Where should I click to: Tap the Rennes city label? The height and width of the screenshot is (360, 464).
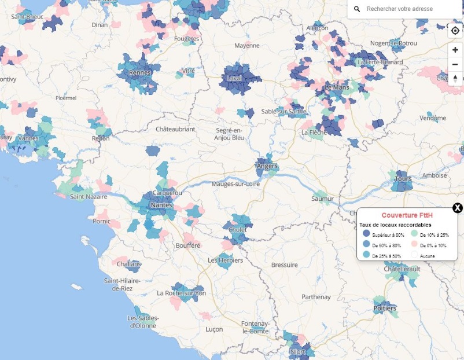(x=141, y=72)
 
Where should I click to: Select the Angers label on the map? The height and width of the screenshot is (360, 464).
(x=267, y=167)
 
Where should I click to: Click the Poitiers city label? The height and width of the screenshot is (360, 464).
(x=385, y=308)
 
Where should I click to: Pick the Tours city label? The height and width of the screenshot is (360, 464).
(x=403, y=179)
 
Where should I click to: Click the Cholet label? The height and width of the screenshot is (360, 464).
(x=238, y=230)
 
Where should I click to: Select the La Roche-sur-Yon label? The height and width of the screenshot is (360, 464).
(x=181, y=293)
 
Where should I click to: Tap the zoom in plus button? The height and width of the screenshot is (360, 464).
(x=455, y=50)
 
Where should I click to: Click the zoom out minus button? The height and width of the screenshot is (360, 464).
(x=455, y=64)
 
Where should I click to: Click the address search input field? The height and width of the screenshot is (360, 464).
(x=405, y=9)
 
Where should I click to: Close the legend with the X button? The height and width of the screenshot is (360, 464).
(x=457, y=208)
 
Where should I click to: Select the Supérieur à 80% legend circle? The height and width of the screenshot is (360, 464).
(x=366, y=234)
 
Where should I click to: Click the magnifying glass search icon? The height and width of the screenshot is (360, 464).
(x=357, y=9)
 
